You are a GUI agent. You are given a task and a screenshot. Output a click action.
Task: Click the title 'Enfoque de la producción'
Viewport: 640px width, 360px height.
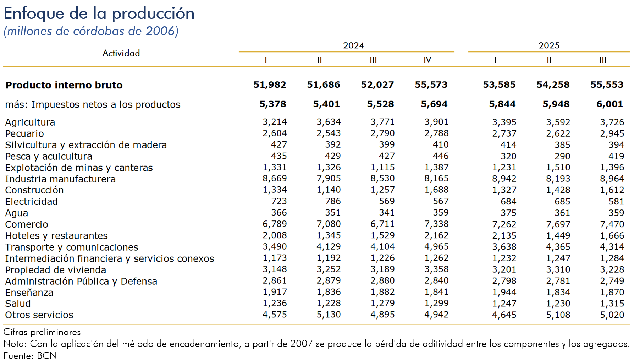[99, 14]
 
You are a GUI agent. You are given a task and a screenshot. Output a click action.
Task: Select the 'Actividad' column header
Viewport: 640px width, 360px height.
[121, 53]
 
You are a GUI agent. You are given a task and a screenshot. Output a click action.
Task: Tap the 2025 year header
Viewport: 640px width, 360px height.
[548, 45]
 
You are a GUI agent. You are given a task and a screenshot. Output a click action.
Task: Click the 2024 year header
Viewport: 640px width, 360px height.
[353, 45]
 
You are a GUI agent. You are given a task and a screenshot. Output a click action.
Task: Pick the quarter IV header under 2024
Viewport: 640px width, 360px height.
[427, 60]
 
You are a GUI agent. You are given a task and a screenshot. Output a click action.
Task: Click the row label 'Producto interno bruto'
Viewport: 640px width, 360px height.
[64, 85]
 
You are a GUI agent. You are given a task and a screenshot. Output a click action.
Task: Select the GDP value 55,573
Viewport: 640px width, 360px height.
[431, 85]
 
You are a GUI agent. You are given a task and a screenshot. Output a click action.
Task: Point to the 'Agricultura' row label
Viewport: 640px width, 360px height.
[30, 122]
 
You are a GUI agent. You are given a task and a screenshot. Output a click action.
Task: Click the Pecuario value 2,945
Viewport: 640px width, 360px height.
[612, 133]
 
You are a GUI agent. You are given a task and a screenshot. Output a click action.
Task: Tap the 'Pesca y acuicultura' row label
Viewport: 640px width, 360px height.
[49, 157]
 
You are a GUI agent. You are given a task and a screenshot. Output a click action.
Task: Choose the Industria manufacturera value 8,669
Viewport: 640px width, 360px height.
[275, 179]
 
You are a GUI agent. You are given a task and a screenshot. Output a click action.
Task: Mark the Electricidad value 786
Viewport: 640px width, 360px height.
[333, 201]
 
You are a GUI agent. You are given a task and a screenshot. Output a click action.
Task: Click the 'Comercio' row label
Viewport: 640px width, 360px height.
[27, 224]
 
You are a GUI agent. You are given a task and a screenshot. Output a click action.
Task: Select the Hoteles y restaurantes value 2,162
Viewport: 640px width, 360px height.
[436, 235]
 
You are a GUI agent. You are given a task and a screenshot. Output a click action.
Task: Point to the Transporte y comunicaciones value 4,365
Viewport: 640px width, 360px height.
[558, 247]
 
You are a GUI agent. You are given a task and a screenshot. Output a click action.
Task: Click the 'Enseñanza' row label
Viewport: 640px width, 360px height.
[29, 293]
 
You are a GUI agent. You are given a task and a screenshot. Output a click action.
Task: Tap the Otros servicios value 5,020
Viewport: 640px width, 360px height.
[612, 315]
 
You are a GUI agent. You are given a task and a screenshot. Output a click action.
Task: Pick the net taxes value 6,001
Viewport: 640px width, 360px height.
[609, 104]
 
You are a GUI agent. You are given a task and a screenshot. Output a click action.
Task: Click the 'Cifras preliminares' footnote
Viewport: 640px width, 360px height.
[42, 332]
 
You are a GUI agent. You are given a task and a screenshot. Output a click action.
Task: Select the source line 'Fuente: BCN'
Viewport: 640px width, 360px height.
[30, 355]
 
